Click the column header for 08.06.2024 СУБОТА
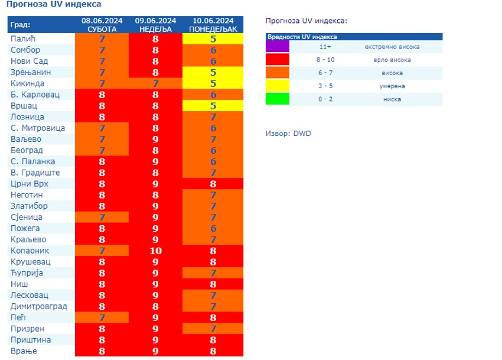[x=102, y=25]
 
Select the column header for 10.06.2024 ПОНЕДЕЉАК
[x=213, y=25]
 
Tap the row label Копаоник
[x=31, y=251]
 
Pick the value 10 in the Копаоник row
[x=155, y=251]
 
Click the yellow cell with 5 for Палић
[x=213, y=39]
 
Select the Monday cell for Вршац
[x=213, y=106]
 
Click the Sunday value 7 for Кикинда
[x=155, y=83]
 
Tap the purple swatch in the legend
[x=278, y=46]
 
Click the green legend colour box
[x=278, y=99]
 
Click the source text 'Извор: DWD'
[x=288, y=134]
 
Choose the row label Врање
[x=24, y=351]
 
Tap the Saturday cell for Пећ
[x=102, y=317]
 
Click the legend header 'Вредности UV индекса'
[x=302, y=37]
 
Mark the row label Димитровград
[x=38, y=306]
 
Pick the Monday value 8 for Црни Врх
[x=213, y=184]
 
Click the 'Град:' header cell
[x=21, y=25]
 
